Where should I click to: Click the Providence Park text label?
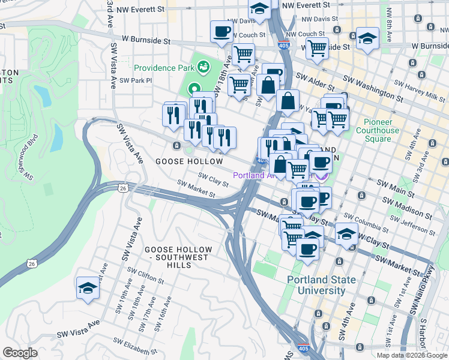pyautogui.click(x=164, y=68)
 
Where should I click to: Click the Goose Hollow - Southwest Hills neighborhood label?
pyautogui.click(x=177, y=253)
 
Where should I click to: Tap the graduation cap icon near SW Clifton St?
pyautogui.click(x=88, y=289)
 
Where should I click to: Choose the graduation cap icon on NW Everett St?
pyautogui.click(x=259, y=9)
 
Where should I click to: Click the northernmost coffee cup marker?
pyautogui.click(x=221, y=31)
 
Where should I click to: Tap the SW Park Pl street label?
pyautogui.click(x=133, y=80)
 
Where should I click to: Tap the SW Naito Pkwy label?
pyautogui.click(x=415, y=299)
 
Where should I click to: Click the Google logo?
pyautogui.click(x=20, y=353)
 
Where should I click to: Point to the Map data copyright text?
pyautogui.click(x=412, y=355)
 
